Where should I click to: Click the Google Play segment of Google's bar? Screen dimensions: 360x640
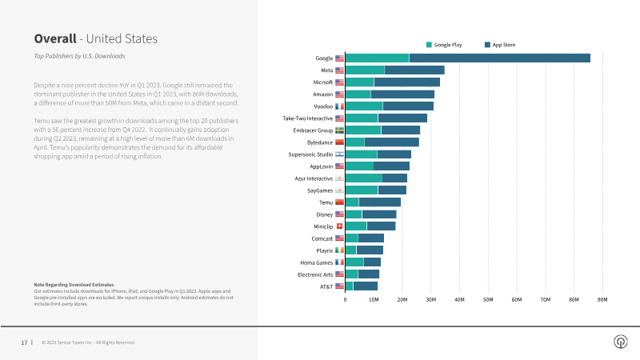(x=377, y=58)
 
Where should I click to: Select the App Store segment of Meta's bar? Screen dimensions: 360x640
(x=414, y=70)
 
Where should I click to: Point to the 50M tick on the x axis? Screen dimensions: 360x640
(x=488, y=299)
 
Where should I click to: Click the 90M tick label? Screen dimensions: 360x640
(x=602, y=299)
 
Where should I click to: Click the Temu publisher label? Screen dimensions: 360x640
(x=326, y=202)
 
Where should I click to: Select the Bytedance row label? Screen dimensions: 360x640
(x=318, y=142)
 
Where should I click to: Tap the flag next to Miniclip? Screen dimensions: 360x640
(x=339, y=226)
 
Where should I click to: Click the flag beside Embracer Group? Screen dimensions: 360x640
(x=339, y=130)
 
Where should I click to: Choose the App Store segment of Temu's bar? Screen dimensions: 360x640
(x=379, y=202)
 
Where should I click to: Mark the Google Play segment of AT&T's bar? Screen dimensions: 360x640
(x=349, y=286)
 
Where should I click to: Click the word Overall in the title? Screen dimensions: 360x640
(x=54, y=38)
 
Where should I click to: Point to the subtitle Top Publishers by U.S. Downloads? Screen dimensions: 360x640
(x=79, y=56)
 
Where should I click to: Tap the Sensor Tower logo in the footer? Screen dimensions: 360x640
(x=620, y=342)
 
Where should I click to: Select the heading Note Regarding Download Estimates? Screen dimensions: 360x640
(x=74, y=285)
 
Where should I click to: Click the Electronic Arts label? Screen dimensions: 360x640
(x=315, y=274)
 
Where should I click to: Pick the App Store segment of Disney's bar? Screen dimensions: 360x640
(x=379, y=214)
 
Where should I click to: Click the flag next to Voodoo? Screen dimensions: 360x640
(x=339, y=106)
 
